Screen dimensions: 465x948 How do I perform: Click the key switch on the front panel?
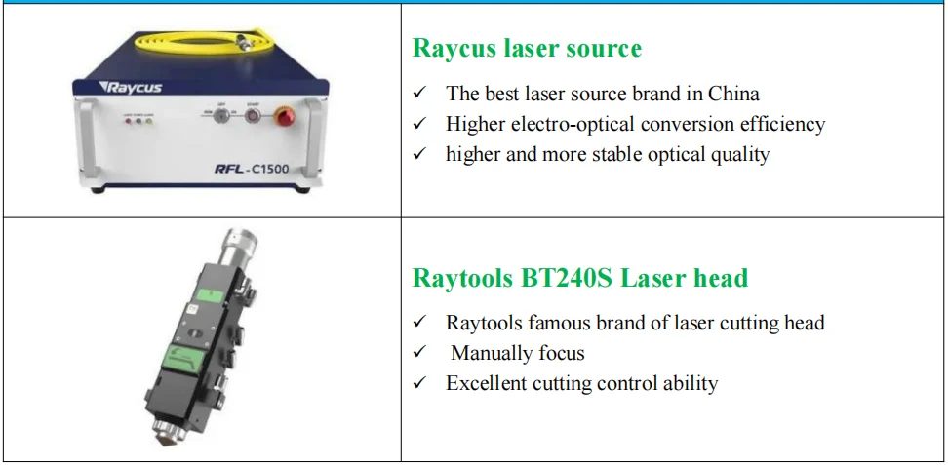(x=222, y=116)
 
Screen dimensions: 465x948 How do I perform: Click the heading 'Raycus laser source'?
(x=527, y=49)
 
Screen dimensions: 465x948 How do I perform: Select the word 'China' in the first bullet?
(x=732, y=95)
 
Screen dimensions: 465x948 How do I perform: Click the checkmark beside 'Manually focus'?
(x=420, y=353)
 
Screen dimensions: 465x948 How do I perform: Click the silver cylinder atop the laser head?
(x=237, y=249)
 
